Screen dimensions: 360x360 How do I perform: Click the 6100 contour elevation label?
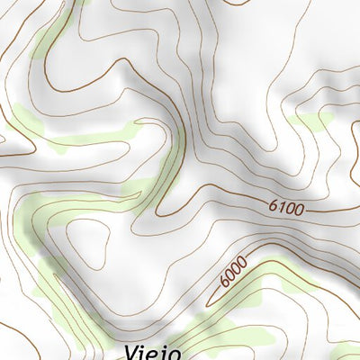pyautogui.click(x=287, y=208)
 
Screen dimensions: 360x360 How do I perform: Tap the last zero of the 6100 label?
pyautogui.click(x=300, y=209)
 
